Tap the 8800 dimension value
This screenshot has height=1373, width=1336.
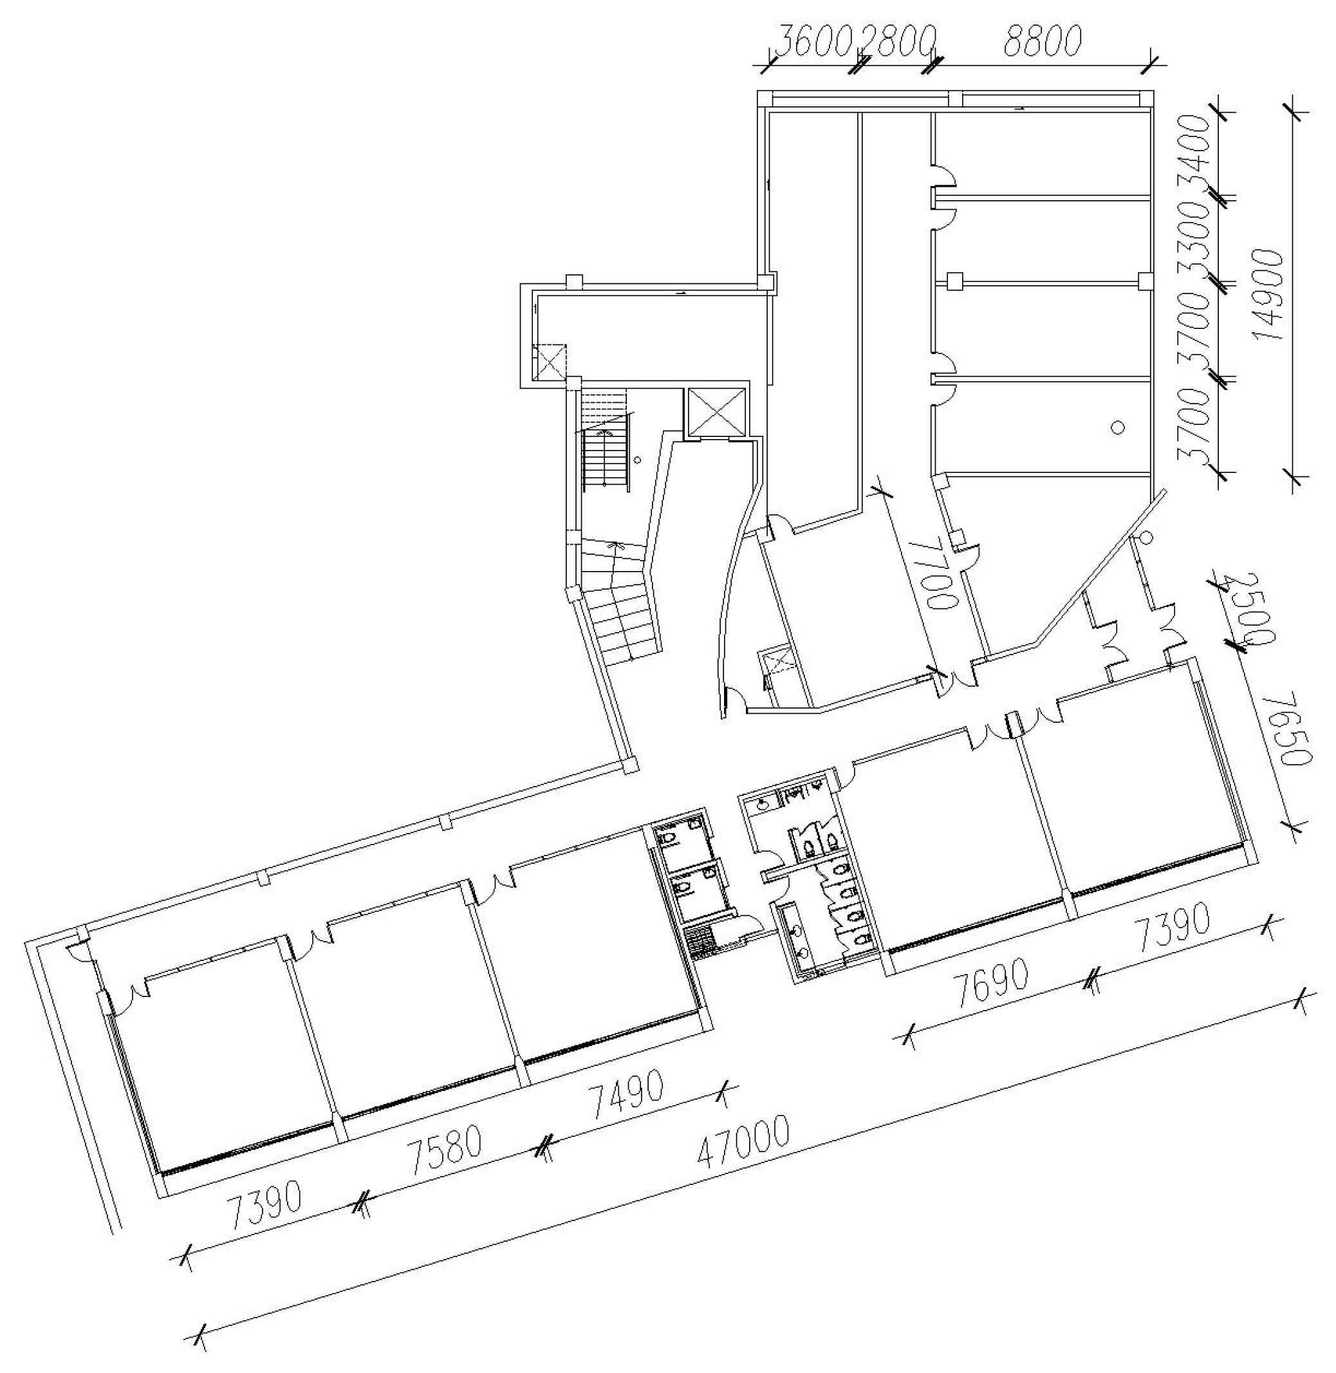tap(1042, 41)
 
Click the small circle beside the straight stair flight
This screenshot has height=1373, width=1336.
tap(637, 460)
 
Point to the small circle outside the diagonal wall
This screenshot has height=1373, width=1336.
tap(1147, 538)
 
